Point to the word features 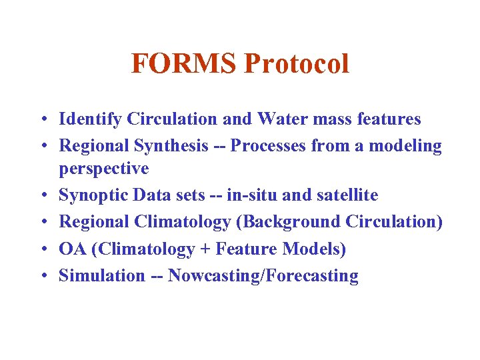[387, 119]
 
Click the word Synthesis [171, 146]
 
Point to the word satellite [346, 195]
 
